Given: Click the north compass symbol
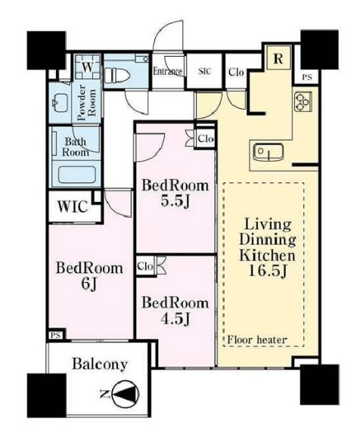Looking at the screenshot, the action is point(126,395).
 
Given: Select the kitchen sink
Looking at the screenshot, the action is point(268,152).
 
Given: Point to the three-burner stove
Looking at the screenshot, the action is point(303,101).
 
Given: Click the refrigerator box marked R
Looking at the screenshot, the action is point(278,58).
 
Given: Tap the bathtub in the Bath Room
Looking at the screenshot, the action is point(77,175).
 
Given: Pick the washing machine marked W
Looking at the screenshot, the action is point(88,67).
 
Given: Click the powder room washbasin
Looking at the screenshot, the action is point(61,103).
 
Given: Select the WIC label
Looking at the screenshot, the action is point(73,206).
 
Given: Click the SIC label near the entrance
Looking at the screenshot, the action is point(205,71).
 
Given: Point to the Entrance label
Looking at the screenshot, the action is point(167,71).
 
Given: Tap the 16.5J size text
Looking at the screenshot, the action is point(268,271).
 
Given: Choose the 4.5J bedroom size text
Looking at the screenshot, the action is point(175,319).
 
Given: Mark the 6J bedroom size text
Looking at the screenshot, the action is point(89,284).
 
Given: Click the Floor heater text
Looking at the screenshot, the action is point(257,340).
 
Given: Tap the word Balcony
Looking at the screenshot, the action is point(100,364).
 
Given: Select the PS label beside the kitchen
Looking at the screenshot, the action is point(307,77).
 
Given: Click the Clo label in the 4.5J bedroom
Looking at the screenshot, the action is point(145,266).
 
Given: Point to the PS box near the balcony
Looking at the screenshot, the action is point(56,335).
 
